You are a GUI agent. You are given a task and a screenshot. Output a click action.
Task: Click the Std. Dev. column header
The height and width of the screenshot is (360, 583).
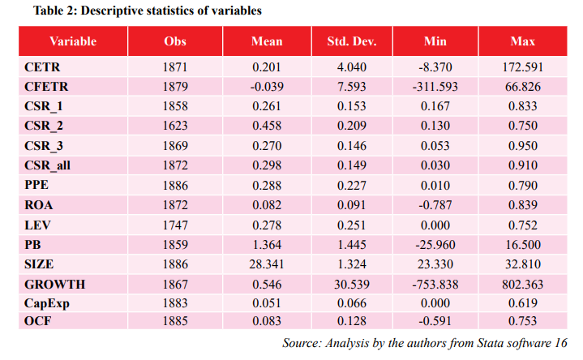click(x=352, y=41)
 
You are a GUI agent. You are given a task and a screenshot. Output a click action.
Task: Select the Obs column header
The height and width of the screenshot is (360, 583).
click(x=175, y=41)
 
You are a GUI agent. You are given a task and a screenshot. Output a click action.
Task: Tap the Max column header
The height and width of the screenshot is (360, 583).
click(x=523, y=41)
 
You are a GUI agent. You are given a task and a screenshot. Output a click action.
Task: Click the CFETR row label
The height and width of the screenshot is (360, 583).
click(x=46, y=87)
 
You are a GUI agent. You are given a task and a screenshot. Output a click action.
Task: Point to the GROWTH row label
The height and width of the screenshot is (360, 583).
click(x=55, y=285)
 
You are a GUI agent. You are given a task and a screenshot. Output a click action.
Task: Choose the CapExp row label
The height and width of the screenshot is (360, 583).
click(x=47, y=303)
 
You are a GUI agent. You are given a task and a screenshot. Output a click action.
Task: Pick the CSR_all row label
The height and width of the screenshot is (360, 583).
click(x=47, y=165)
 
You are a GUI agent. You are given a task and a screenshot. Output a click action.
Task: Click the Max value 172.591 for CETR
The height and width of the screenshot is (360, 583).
click(x=523, y=67)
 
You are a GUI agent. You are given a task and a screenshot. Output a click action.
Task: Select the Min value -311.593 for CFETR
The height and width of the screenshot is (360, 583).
click(x=435, y=87)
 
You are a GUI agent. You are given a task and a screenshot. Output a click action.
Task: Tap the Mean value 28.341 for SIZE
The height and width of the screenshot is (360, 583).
click(x=267, y=264)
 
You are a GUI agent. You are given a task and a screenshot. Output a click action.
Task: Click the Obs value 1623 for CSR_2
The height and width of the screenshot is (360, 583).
click(x=175, y=126)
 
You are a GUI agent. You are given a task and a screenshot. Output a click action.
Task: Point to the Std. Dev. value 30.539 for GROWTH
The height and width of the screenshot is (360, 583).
click(x=352, y=285)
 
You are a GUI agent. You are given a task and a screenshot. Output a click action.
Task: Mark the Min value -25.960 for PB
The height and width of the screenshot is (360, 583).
click(x=435, y=245)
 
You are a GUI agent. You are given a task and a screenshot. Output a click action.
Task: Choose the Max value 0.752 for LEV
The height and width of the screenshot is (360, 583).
click(x=523, y=225)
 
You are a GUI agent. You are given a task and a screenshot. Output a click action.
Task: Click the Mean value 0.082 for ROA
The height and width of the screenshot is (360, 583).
click(x=267, y=205)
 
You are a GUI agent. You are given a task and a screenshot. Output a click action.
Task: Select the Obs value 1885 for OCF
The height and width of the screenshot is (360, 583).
click(x=175, y=321)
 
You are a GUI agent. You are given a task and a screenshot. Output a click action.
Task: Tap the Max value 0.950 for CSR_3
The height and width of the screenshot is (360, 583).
click(x=523, y=145)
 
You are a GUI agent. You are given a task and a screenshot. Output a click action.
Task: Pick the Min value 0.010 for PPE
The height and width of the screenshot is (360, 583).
click(x=435, y=185)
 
